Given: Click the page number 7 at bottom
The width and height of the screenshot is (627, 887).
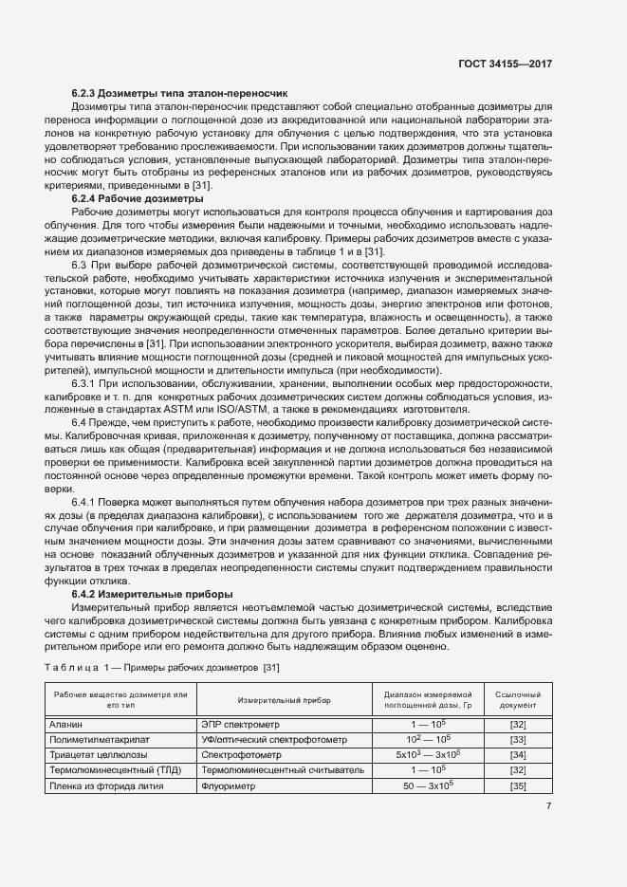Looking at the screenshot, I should pyautogui.click(x=548, y=806).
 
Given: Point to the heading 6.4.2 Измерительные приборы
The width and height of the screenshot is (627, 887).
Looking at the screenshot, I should pyautogui.click(x=153, y=593).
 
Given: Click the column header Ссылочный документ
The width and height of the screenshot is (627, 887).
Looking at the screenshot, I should pyautogui.click(x=518, y=699).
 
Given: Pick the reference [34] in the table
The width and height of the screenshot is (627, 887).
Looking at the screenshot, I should pyautogui.click(x=518, y=754).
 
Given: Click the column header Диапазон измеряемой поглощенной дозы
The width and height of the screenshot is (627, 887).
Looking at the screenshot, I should pyautogui.click(x=428, y=699).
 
